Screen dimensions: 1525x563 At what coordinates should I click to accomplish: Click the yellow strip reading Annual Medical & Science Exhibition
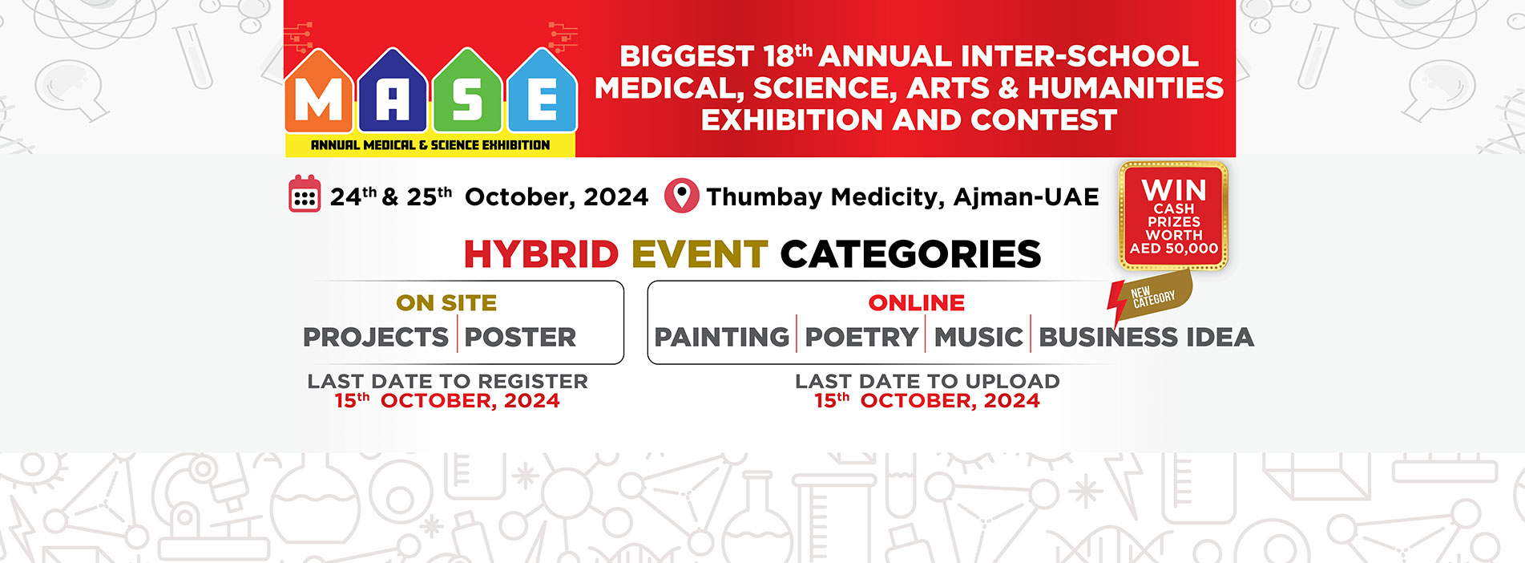click(430, 145)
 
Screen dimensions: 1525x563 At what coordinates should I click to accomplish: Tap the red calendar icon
click(305, 194)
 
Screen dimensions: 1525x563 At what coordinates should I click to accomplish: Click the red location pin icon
click(681, 196)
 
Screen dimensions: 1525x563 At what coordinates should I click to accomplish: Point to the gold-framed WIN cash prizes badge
click(1174, 216)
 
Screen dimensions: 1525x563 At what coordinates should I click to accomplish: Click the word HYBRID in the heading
click(541, 254)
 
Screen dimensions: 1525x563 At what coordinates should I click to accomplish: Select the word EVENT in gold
click(700, 254)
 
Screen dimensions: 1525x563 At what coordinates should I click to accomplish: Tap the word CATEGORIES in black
click(910, 254)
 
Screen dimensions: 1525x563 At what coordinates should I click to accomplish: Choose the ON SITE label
click(446, 302)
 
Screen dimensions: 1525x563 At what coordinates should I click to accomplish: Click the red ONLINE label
click(917, 302)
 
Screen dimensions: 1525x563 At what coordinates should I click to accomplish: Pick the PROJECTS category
click(376, 337)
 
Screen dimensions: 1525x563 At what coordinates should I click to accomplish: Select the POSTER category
click(520, 337)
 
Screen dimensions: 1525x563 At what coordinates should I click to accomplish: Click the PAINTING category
click(722, 337)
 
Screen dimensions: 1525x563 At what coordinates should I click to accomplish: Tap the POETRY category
click(861, 337)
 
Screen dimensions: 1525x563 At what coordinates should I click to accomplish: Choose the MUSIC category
click(978, 337)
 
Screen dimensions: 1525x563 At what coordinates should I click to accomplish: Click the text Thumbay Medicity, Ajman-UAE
click(902, 196)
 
